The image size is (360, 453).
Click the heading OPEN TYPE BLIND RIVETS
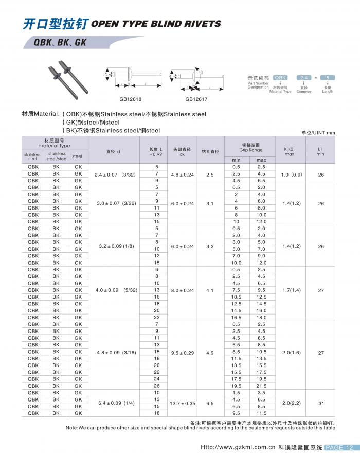pyautogui.click(x=156, y=24)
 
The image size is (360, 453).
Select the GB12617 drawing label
pyautogui.click(x=197, y=99)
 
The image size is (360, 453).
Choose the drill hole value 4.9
pyautogui.click(x=210, y=352)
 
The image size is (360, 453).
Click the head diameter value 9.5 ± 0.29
pyautogui.click(x=182, y=352)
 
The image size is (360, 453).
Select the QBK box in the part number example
pyautogui.click(x=280, y=77)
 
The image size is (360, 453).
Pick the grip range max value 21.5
pyautogui.click(x=262, y=386)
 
